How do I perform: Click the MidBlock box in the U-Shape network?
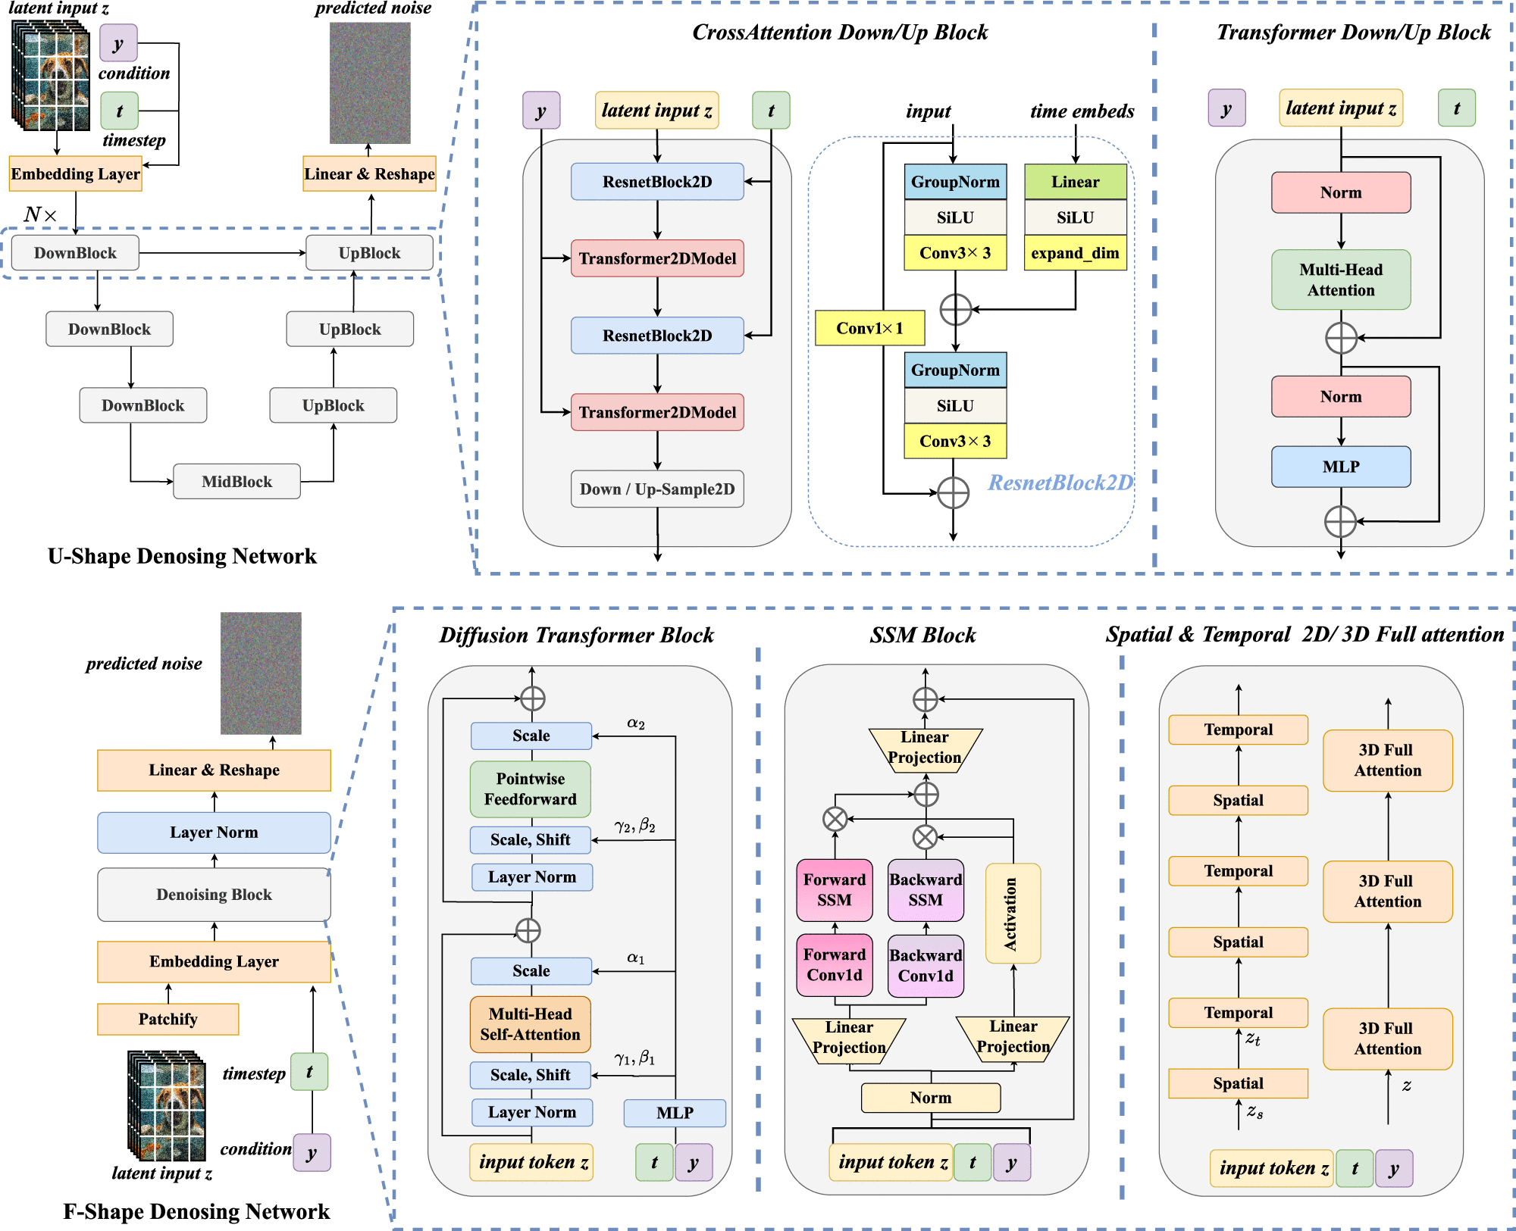tap(236, 482)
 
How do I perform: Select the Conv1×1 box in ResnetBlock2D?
tap(869, 328)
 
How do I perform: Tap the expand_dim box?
tap(1075, 253)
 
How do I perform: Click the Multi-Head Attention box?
tap(1340, 280)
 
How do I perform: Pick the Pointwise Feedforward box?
tap(530, 789)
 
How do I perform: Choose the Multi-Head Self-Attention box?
tap(530, 1024)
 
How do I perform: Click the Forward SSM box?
tap(834, 889)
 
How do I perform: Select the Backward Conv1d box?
tap(926, 965)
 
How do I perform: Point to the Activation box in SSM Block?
tap(1012, 914)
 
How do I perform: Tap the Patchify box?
tap(168, 1019)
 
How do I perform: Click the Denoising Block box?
tap(214, 895)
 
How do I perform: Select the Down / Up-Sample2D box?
tap(657, 489)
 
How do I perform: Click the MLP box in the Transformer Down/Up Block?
tap(1340, 467)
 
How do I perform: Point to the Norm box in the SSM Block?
tap(930, 1098)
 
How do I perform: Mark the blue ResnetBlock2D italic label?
tap(1060, 483)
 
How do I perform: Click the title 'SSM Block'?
tap(922, 635)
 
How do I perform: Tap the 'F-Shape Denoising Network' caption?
tap(196, 1211)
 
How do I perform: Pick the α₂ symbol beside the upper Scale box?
tap(635, 723)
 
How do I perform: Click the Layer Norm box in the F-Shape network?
tap(214, 833)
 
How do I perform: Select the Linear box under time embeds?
tap(1075, 182)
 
